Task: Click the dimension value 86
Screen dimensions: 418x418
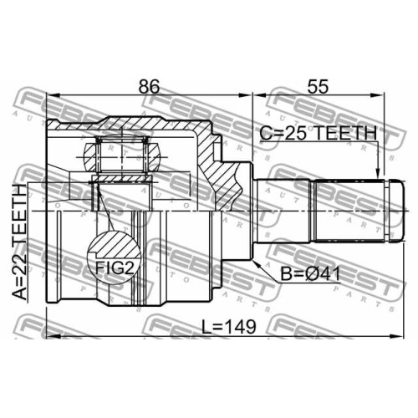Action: [149, 87]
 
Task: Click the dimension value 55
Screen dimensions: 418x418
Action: [318, 87]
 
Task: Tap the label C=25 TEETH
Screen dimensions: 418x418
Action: [318, 133]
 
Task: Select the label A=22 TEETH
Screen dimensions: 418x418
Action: [20, 242]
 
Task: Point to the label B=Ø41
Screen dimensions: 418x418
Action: [310, 274]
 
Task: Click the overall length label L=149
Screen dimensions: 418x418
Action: [228, 327]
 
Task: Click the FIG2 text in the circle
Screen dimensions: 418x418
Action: [115, 268]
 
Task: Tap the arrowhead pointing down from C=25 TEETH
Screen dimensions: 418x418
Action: [378, 172]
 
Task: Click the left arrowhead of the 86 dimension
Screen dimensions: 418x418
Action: [54, 95]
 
